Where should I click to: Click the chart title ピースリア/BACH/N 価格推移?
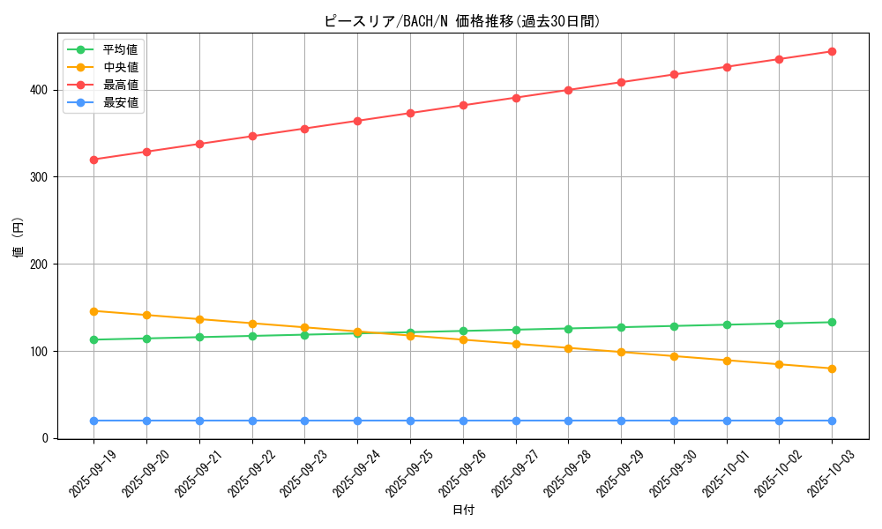462,21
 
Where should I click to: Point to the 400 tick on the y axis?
41,90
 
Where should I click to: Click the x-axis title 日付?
463,510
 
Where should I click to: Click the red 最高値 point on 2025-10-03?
832,51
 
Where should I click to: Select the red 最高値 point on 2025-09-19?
93,160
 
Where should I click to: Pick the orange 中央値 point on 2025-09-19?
93,311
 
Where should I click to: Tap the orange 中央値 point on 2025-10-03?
832,369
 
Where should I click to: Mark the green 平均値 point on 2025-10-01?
727,324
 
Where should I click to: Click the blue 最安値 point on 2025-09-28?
568,421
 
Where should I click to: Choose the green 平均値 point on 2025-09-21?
199,337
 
